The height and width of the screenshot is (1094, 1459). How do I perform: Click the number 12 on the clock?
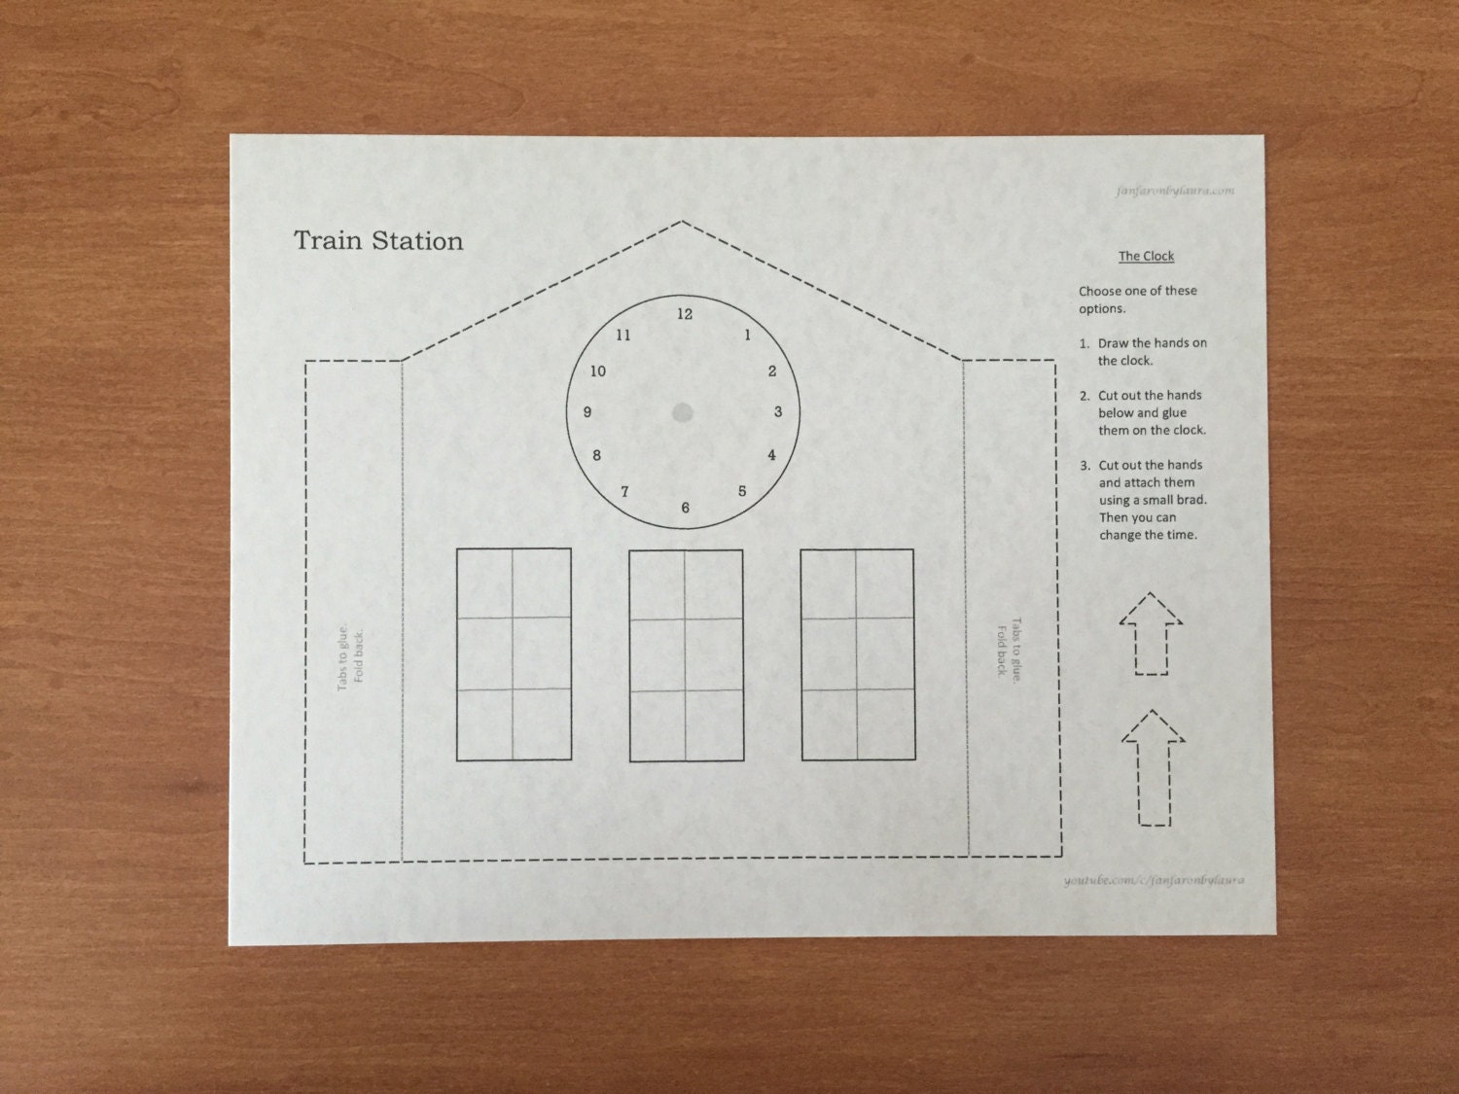pos(685,314)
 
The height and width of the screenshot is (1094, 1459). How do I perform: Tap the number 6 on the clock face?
pos(686,508)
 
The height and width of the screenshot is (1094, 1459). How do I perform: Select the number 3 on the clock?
pos(778,412)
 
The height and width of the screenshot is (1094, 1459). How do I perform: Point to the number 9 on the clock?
pos(587,412)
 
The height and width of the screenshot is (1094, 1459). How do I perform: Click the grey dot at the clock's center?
pos(683,413)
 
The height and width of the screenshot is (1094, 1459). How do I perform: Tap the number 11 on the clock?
pos(623,335)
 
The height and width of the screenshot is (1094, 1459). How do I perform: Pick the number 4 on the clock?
pos(771,455)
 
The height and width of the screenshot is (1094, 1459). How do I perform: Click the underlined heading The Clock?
pos(1146,257)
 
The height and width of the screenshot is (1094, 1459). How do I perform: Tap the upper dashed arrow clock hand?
pos(1152,633)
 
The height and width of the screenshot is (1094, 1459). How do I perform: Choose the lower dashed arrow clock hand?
pos(1154,768)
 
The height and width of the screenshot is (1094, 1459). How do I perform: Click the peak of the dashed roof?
pos(683,223)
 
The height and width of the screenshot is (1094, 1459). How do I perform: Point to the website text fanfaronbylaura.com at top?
pos(1175,191)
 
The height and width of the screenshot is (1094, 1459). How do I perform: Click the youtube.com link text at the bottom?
pos(1154,880)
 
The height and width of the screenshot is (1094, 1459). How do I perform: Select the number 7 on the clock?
pos(624,492)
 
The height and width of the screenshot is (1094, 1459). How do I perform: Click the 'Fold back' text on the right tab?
pos(1001,652)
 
